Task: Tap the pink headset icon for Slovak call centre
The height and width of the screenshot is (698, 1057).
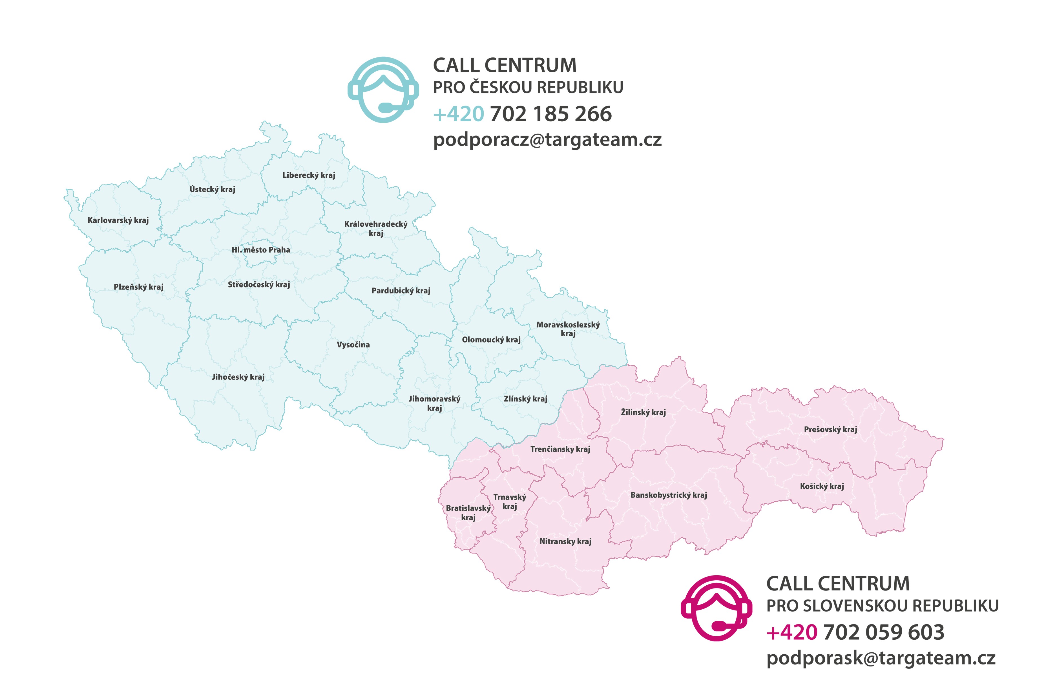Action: [x=716, y=608]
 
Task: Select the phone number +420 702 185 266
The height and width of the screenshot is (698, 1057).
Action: [x=522, y=114]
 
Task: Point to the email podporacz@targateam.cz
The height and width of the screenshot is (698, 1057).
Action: [x=547, y=140]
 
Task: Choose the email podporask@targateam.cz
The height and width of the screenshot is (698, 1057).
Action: [x=881, y=658]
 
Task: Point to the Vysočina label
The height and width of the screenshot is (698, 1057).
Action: [x=353, y=345]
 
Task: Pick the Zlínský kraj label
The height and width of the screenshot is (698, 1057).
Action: [x=525, y=399]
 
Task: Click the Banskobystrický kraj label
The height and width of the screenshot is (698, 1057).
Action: [x=668, y=495]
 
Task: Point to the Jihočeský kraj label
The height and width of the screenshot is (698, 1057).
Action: [x=238, y=377]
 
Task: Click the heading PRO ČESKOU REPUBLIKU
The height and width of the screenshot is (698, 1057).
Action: [x=528, y=87]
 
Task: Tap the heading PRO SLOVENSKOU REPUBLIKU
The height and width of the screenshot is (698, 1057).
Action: [x=882, y=606]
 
